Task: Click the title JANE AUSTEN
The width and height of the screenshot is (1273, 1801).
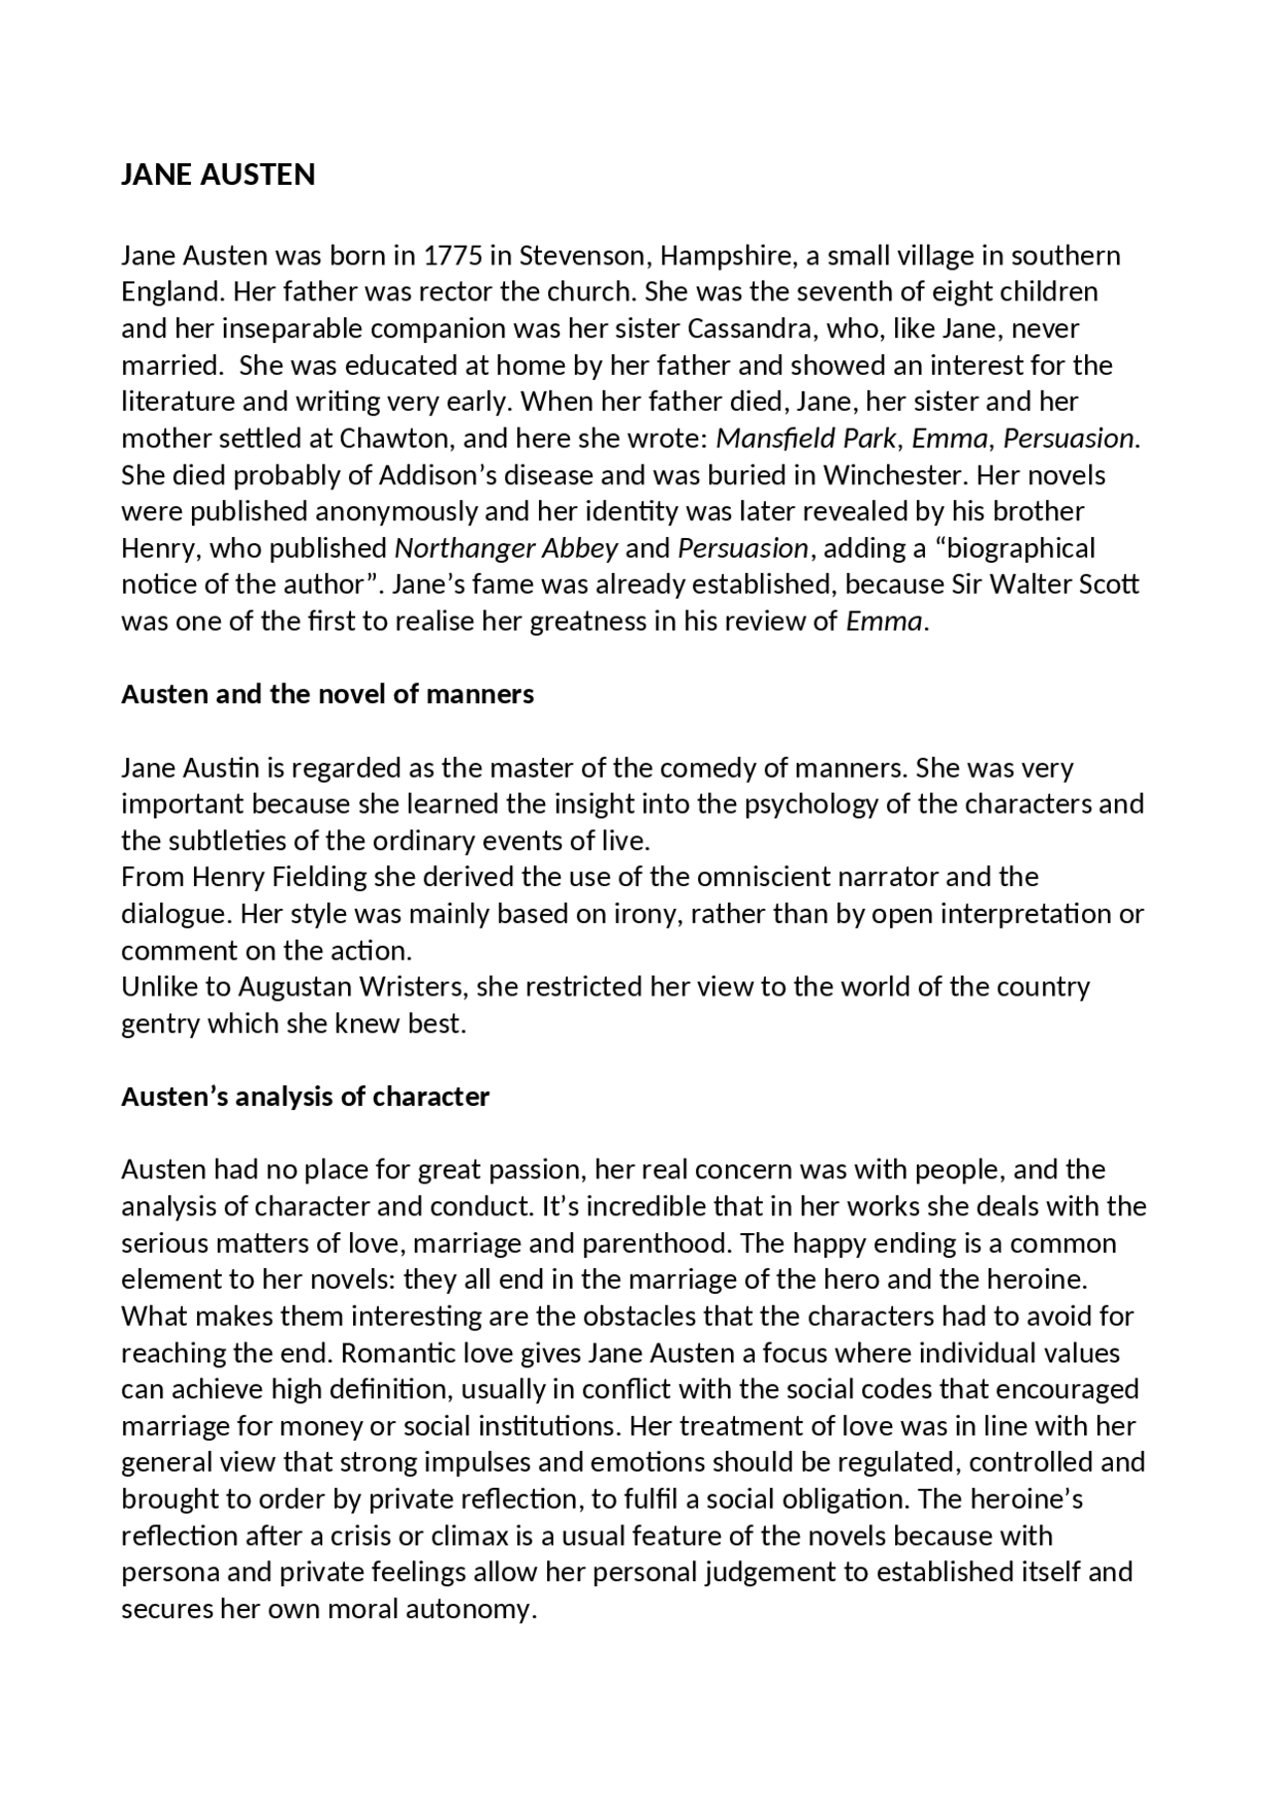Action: coord(218,175)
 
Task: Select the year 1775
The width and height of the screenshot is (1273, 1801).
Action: coord(454,257)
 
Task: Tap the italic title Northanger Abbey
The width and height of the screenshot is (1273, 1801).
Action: coord(506,549)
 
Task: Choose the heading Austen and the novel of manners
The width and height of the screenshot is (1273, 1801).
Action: coord(327,694)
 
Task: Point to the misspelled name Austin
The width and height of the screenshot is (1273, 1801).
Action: coord(222,769)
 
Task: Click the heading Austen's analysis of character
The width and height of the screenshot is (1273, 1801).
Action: coord(305,1097)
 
